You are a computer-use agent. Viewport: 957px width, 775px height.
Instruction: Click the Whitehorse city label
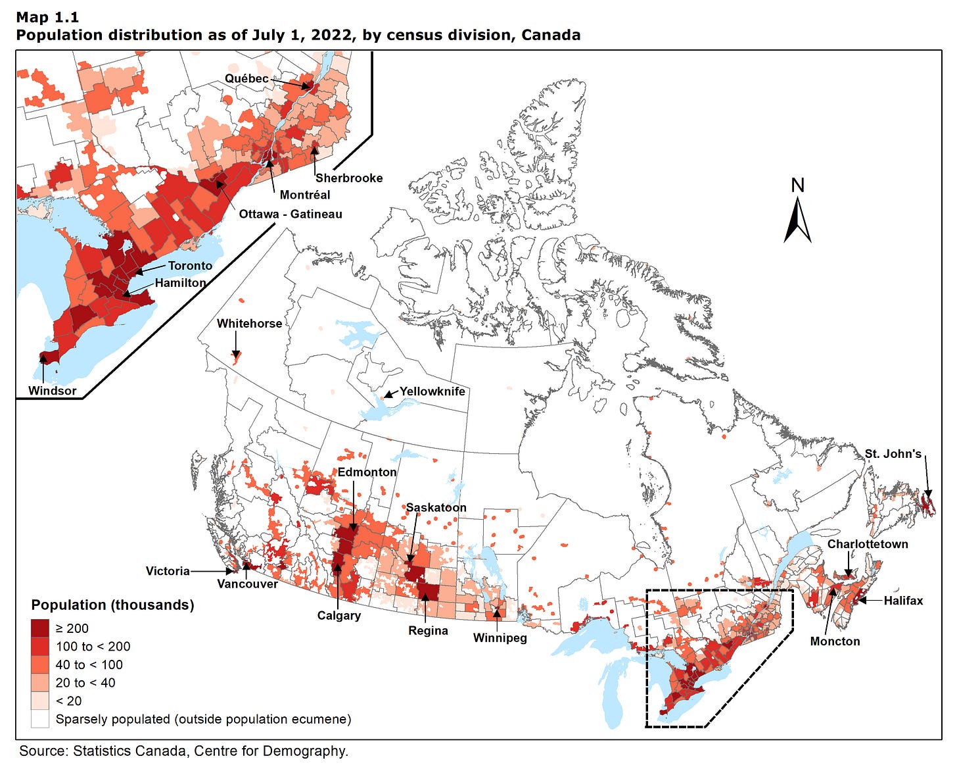(249, 324)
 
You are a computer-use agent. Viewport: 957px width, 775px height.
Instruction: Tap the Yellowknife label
(432, 391)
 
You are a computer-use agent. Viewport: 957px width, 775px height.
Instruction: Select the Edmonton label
(367, 472)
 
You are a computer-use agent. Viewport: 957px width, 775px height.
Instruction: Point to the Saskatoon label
(436, 508)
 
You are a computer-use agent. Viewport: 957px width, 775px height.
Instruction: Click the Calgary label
(338, 616)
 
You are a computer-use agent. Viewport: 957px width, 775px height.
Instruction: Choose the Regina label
(428, 631)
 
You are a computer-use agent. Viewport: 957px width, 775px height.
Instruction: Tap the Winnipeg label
(500, 638)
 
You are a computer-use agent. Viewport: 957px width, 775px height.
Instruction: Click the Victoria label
(168, 571)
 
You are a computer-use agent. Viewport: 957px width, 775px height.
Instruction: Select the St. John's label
(893, 454)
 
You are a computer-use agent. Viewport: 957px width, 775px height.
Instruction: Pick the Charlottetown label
(867, 544)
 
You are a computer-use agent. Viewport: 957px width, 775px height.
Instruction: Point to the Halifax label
(903, 601)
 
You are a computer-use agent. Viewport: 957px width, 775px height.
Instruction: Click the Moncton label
(835, 641)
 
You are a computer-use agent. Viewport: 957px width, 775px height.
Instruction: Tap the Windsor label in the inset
(52, 391)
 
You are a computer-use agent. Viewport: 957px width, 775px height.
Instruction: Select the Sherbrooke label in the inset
(348, 178)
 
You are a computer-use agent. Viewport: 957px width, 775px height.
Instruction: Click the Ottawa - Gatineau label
(290, 214)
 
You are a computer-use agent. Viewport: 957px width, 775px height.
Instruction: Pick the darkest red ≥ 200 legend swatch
(40, 628)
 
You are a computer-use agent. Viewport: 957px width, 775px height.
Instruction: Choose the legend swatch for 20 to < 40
(40, 683)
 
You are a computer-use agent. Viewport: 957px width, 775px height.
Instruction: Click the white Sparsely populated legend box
(40, 719)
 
